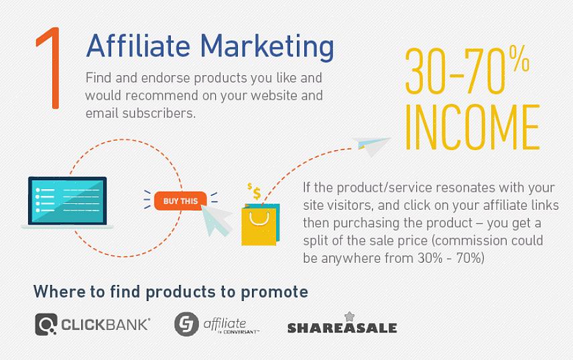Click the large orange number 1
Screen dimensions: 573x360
pyautogui.click(x=51, y=68)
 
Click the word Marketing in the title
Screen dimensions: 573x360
pyautogui.click(x=267, y=47)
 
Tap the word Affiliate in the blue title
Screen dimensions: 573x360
pyautogui.click(x=138, y=46)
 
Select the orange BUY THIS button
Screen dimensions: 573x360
pyautogui.click(x=180, y=201)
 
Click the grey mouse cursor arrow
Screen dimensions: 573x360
pyautogui.click(x=216, y=219)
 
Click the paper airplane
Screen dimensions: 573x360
pyautogui.click(x=371, y=145)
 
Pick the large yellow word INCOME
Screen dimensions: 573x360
pyautogui.click(x=472, y=127)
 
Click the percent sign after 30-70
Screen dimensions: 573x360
pyautogui.click(x=519, y=59)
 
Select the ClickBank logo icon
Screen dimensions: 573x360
pyautogui.click(x=46, y=324)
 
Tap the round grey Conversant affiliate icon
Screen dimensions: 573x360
pyautogui.click(x=186, y=324)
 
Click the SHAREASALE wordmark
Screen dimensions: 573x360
pyautogui.click(x=342, y=328)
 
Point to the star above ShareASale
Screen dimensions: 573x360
pyautogui.click(x=350, y=316)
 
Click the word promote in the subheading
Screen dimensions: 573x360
pyautogui.click(x=275, y=292)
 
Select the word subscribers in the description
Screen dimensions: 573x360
pyautogui.click(x=158, y=113)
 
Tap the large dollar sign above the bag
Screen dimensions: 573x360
pyautogui.click(x=257, y=193)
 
